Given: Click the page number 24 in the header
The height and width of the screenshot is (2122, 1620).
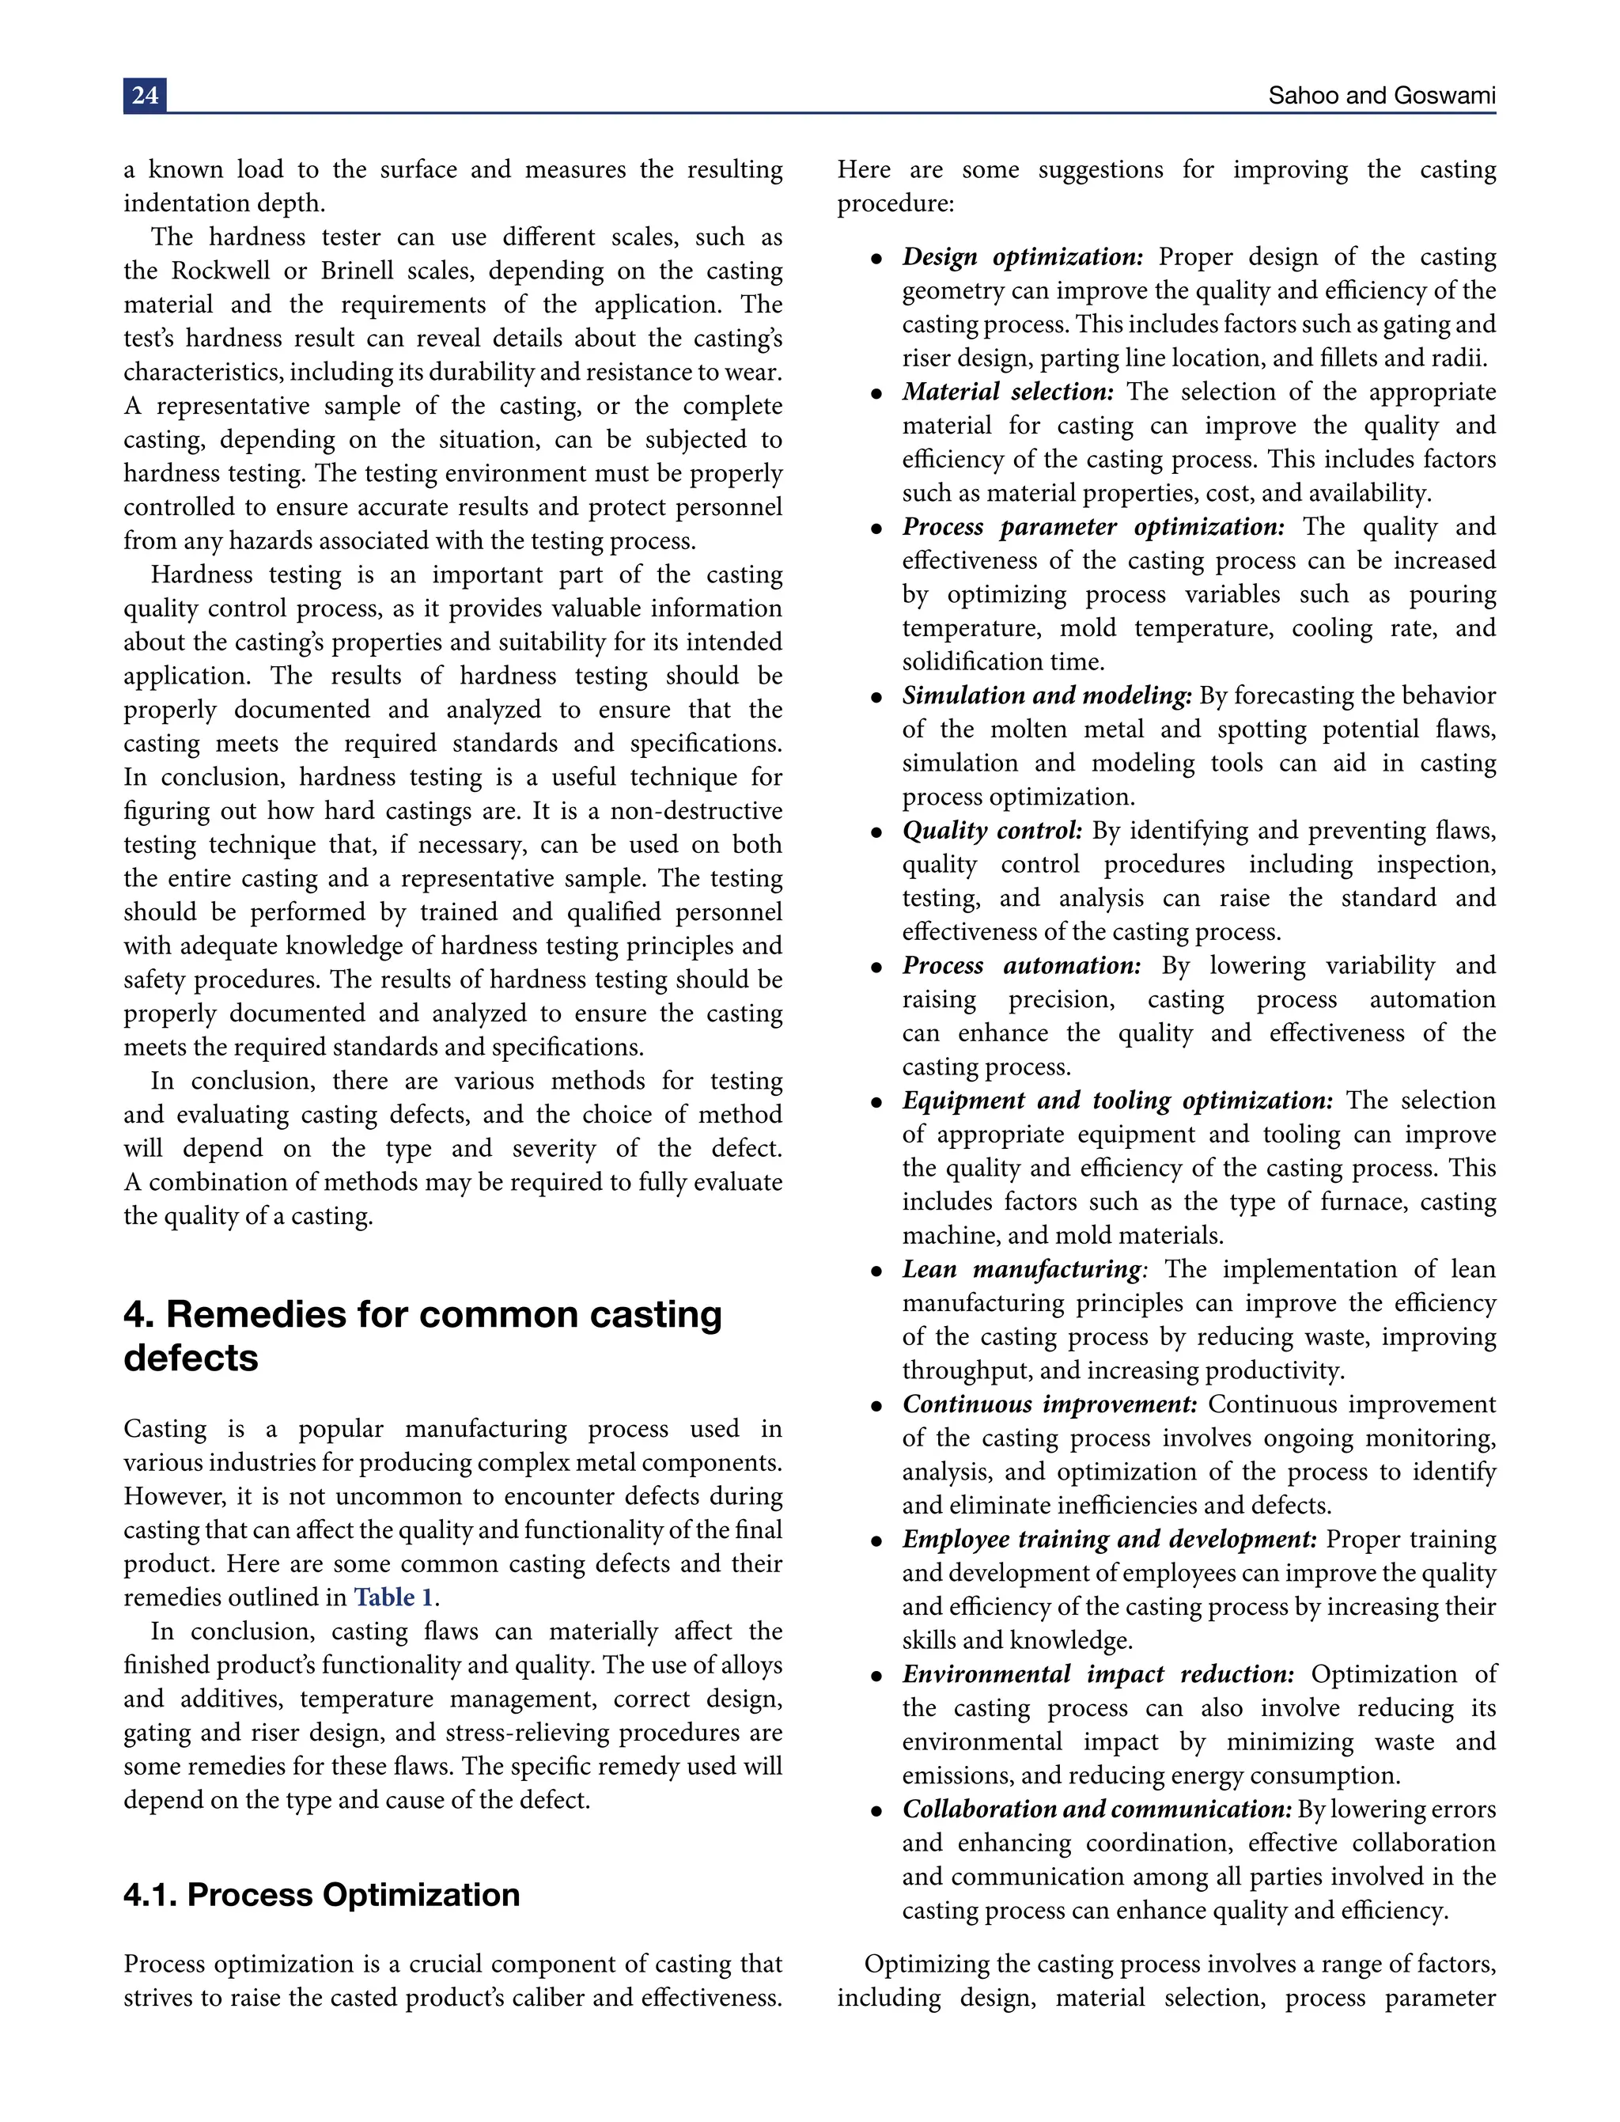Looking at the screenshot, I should pyautogui.click(x=145, y=96).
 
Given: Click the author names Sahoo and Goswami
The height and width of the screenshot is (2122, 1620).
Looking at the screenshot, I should pyautogui.click(x=1381, y=96).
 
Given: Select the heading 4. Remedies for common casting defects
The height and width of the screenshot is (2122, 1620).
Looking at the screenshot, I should pyautogui.click(x=422, y=1335).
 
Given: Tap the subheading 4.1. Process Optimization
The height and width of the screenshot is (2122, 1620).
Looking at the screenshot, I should pyautogui.click(x=321, y=1894).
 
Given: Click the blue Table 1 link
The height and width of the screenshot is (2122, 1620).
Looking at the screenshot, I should pyautogui.click(x=393, y=1597).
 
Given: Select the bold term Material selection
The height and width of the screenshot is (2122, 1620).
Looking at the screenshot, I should pyautogui.click(x=1008, y=392).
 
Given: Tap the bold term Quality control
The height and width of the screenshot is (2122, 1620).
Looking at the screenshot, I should pyautogui.click(x=992, y=832).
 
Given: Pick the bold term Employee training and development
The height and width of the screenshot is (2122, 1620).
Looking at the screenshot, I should pyautogui.click(x=1109, y=1540).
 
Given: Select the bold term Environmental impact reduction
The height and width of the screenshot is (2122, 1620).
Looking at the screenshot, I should pyautogui.click(x=1097, y=1676).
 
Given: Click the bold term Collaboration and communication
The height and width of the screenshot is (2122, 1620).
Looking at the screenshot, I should pyautogui.click(x=1096, y=1810).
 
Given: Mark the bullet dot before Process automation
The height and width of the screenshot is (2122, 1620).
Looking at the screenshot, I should pyautogui.click(x=876, y=968).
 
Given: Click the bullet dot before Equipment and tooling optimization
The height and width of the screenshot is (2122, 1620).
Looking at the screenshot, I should pyautogui.click(x=876, y=1102).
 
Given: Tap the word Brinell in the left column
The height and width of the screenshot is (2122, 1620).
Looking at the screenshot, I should pyautogui.click(x=358, y=272).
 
